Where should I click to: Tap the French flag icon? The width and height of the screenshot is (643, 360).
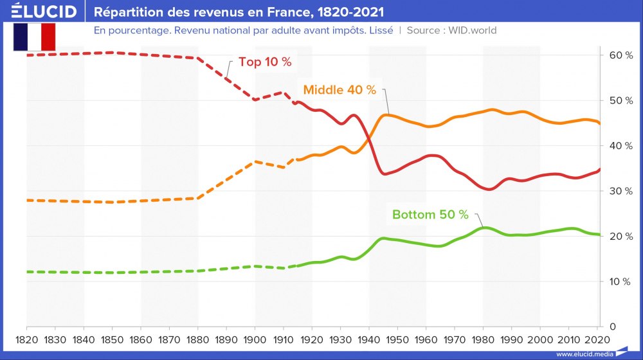point(34,37)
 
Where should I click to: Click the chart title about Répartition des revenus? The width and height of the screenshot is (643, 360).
point(239,12)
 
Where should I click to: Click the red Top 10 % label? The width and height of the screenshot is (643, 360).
point(265,62)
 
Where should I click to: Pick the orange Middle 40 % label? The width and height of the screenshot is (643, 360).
point(340,90)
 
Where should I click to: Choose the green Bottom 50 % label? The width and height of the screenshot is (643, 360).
point(430,215)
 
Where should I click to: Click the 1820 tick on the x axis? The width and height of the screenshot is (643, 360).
point(26,338)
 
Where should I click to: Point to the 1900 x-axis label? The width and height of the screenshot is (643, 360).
point(255,338)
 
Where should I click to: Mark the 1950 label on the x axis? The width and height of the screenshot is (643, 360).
point(398,338)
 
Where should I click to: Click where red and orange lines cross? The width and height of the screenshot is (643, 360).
point(368,136)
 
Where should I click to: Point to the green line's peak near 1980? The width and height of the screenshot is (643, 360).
point(484,228)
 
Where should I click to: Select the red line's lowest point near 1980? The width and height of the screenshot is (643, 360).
point(489,190)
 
